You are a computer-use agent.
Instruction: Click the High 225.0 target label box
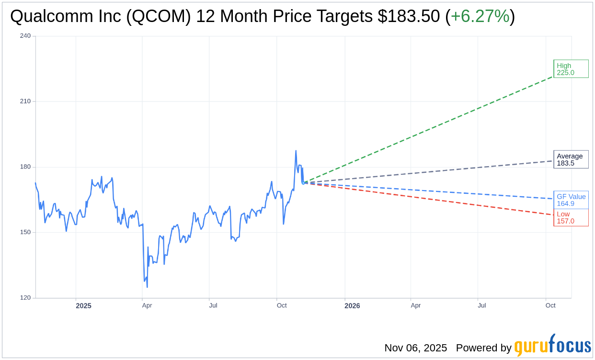pos(571,69)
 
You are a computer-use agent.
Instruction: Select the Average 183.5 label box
pos(571,159)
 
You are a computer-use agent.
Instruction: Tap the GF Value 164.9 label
pos(571,200)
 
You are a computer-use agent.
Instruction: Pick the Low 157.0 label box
pos(571,217)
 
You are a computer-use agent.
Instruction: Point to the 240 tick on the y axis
pos(25,36)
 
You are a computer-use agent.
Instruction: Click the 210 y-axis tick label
pos(25,101)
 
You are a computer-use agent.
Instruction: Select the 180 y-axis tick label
pos(25,167)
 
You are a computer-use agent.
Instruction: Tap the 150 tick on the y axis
pos(25,232)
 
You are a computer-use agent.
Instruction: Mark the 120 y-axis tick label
pos(25,298)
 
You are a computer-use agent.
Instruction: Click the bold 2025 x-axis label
pos(83,305)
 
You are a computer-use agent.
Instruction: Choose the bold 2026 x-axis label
pos(352,305)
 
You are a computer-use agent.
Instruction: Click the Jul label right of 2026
pos(482,305)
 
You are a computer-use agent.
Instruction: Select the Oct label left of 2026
pos(282,305)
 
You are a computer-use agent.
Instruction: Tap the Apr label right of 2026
pos(415,305)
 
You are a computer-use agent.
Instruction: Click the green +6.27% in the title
pos(480,17)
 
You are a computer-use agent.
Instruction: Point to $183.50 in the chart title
pos(408,17)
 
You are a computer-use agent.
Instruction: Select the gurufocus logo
pos(552,346)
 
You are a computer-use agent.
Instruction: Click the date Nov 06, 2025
pos(415,348)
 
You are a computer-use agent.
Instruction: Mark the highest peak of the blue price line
pos(296,151)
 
